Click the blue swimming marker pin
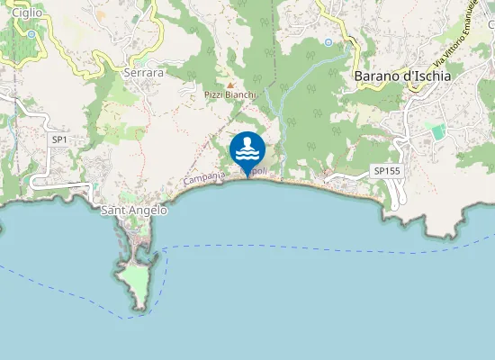(x=247, y=148)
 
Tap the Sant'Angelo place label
(x=134, y=211)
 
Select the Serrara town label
(x=145, y=72)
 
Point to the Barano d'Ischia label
(x=402, y=76)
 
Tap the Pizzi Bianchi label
(x=230, y=94)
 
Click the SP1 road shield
(x=60, y=139)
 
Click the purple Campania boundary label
(x=204, y=179)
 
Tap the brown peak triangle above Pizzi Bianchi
(x=229, y=85)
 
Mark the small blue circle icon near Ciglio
(x=31, y=34)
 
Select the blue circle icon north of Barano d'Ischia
(x=328, y=42)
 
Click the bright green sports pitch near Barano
(x=438, y=131)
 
